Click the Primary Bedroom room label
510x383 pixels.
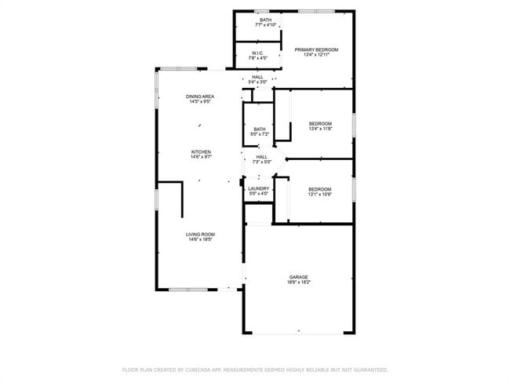pyautogui.click(x=317, y=49)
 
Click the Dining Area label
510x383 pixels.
pyautogui.click(x=201, y=96)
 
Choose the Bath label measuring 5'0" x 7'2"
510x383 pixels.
pyautogui.click(x=259, y=131)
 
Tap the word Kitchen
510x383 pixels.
pyautogui.click(x=201, y=151)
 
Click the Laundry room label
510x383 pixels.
pyautogui.click(x=259, y=188)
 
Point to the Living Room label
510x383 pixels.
pyautogui.click(x=201, y=234)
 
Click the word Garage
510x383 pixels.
pyautogui.click(x=298, y=276)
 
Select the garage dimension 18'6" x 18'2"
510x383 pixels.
pyautogui.click(x=298, y=282)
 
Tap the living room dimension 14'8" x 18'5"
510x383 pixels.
pyautogui.click(x=201, y=239)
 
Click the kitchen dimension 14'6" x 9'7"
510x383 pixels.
pyautogui.click(x=201, y=157)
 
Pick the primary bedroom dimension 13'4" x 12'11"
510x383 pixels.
pyautogui.click(x=317, y=54)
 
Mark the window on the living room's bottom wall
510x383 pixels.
pyautogui.click(x=188, y=290)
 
